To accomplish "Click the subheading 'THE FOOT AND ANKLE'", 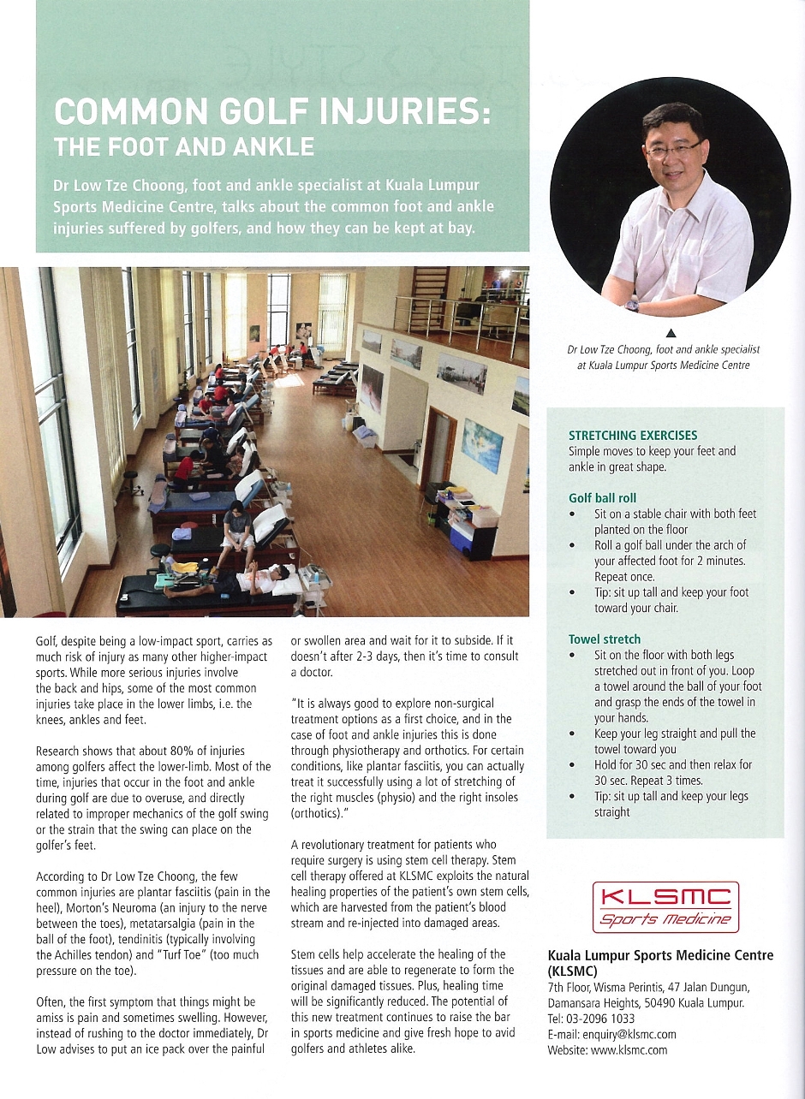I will [x=184, y=146].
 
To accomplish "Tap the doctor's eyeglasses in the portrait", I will [x=672, y=149].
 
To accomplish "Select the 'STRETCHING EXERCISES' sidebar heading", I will [x=632, y=436].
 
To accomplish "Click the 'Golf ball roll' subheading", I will [x=602, y=498].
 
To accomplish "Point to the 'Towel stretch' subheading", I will [x=604, y=639].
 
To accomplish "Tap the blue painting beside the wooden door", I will [x=481, y=445].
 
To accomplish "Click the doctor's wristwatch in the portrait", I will [x=632, y=305].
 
